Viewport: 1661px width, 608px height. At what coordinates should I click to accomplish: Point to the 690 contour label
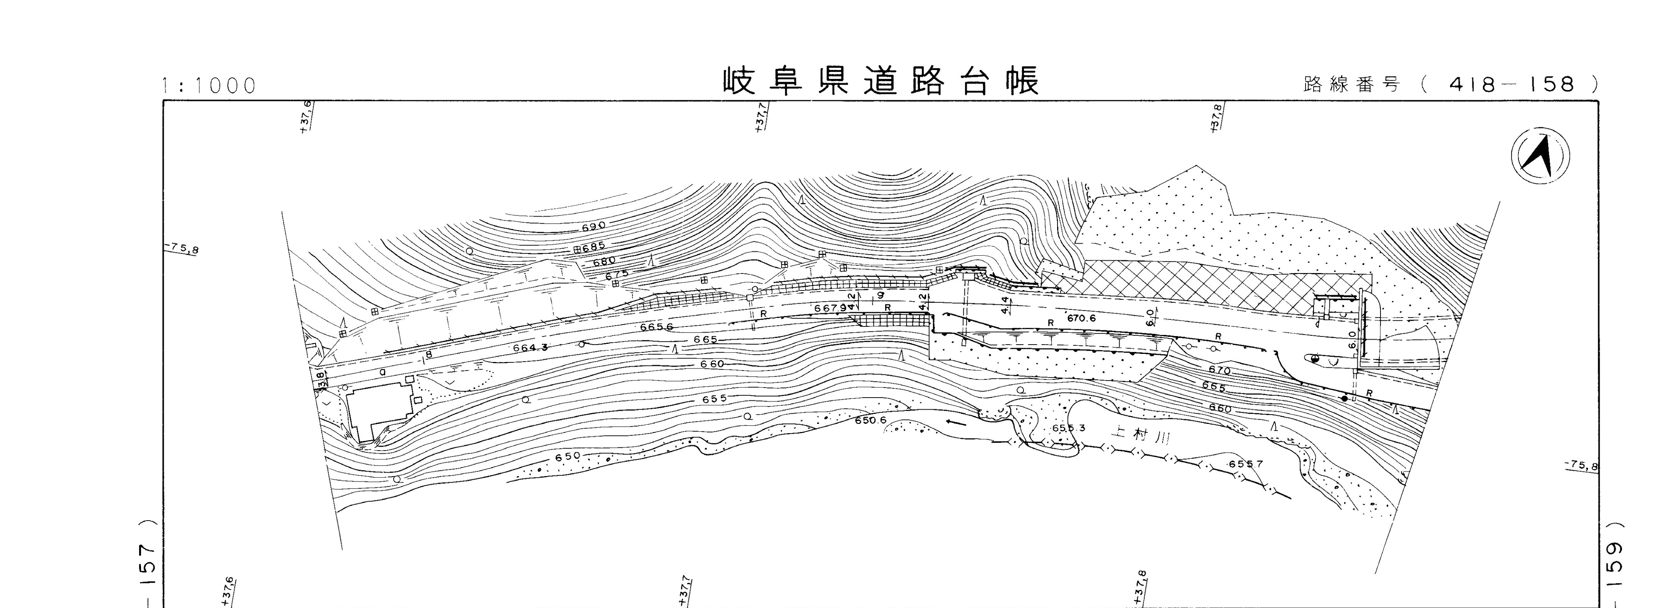pos(593,227)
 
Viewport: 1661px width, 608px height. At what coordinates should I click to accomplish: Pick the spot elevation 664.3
pos(530,348)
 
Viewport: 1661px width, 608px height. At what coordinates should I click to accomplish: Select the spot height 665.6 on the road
pos(656,327)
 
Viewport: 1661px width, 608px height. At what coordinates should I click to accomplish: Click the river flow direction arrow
pos(957,424)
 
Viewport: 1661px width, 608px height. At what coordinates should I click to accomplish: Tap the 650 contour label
pos(568,456)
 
